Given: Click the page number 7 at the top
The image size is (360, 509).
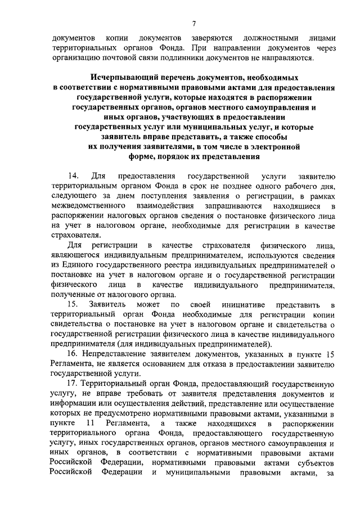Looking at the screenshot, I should [x=193, y=24].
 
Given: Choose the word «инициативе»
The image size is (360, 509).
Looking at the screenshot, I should [x=231, y=304].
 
